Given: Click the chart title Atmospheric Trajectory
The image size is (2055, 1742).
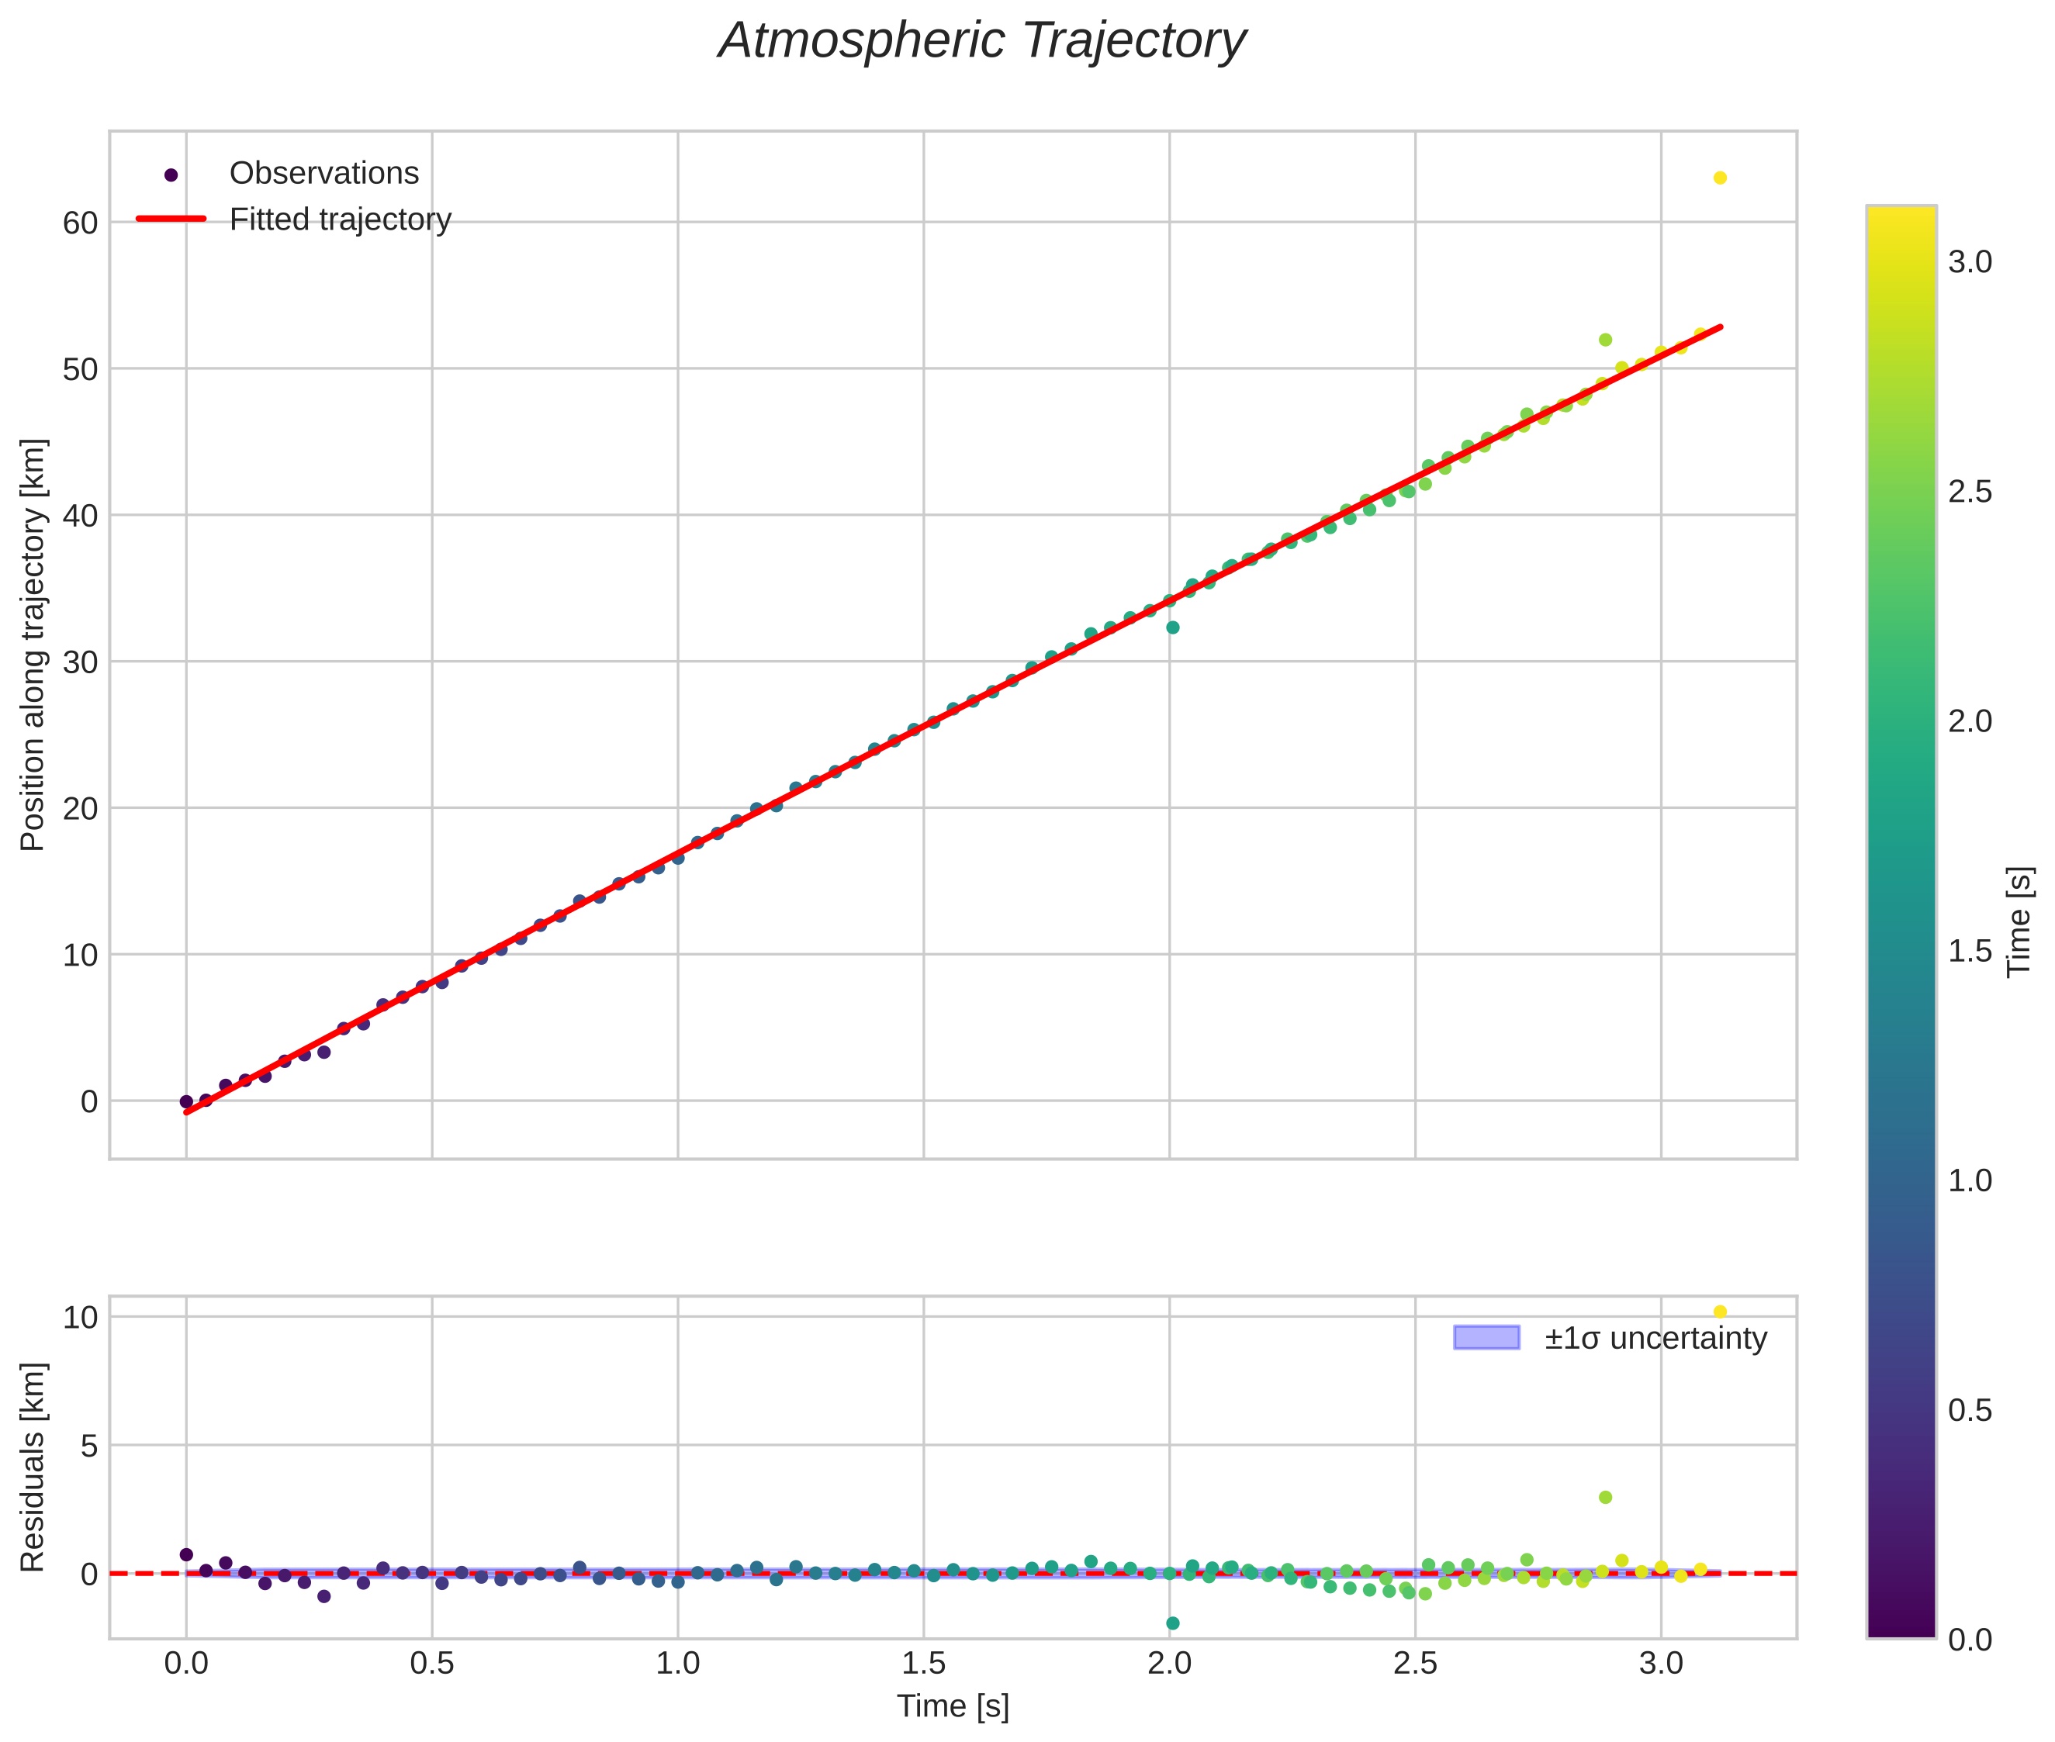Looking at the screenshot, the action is pyautogui.click(x=981, y=41).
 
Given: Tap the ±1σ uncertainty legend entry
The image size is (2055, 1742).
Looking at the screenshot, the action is pyautogui.click(x=1610, y=1338).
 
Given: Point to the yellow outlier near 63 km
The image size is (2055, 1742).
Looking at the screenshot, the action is pyautogui.click(x=1719, y=178).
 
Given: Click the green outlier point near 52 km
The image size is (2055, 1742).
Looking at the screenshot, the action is pyautogui.click(x=1605, y=340).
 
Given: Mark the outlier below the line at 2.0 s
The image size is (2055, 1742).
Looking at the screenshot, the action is pyautogui.click(x=1172, y=627).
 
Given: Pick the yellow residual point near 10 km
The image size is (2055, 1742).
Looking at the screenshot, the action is pyautogui.click(x=1719, y=1312).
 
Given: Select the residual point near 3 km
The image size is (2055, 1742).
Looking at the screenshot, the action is pyautogui.click(x=1605, y=1497).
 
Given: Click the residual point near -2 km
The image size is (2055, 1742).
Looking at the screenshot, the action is pyautogui.click(x=1172, y=1623).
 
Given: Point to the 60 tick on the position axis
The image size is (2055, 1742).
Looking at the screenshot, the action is pyautogui.click(x=81, y=223).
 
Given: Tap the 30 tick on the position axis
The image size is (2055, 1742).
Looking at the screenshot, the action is pyautogui.click(x=81, y=662).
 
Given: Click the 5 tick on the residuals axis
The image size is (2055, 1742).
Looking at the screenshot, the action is pyautogui.click(x=90, y=1446).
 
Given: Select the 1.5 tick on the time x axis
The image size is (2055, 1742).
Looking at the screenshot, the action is pyautogui.click(x=923, y=1664).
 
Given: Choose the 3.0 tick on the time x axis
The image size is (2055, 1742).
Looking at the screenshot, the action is pyautogui.click(x=1661, y=1664).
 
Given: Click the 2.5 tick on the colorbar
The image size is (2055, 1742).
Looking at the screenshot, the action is pyautogui.click(x=1970, y=492).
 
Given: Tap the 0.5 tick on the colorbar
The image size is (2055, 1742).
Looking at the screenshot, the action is pyautogui.click(x=1970, y=1410).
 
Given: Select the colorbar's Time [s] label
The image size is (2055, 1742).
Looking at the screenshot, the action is pyautogui.click(x=2019, y=921).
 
